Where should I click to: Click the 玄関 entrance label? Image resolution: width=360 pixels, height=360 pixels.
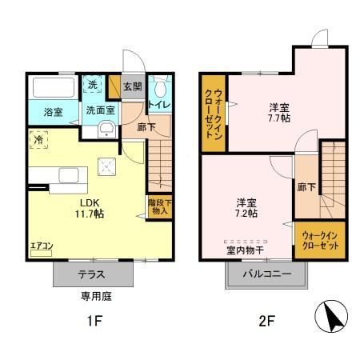[x=132, y=86]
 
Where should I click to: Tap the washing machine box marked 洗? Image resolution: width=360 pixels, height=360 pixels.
[x=94, y=85]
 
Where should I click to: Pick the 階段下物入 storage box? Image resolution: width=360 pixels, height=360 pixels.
[x=158, y=207]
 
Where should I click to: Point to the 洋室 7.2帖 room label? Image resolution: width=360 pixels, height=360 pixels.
[x=246, y=207]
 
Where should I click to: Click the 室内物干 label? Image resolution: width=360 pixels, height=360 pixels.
[x=246, y=250]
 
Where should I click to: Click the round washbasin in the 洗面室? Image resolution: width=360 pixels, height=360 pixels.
[x=104, y=133]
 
